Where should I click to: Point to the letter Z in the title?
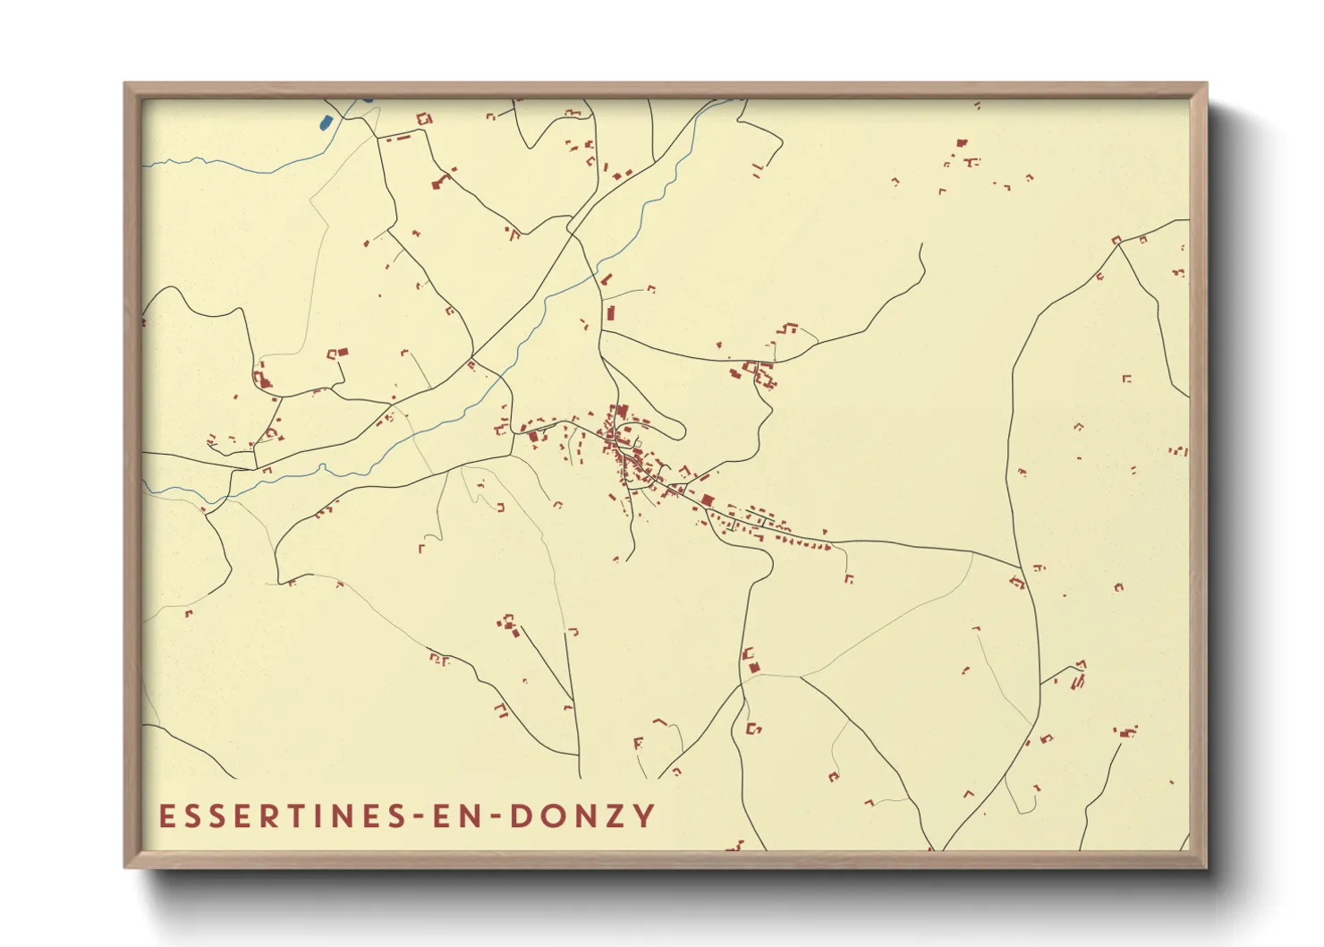[x=616, y=816]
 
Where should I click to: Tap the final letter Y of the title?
[x=644, y=816]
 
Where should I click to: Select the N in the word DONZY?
[x=585, y=816]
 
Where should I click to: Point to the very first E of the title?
[x=165, y=816]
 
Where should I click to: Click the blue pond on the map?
[x=326, y=121]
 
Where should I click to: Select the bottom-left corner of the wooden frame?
[x=126, y=866]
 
